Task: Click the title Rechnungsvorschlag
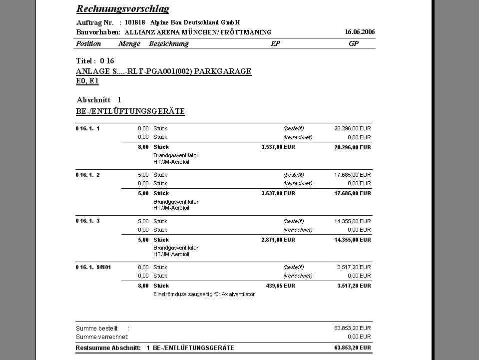point(122,9)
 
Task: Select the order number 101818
point(135,22)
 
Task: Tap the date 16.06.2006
point(360,32)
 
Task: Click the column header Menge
point(129,43)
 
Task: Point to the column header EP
point(275,43)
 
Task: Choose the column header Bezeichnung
point(169,43)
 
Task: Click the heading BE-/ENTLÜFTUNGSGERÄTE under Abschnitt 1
point(130,111)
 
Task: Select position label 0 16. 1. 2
point(88,175)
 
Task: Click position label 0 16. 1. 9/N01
point(93,267)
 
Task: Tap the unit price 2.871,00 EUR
point(278,240)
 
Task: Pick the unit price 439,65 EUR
point(280,286)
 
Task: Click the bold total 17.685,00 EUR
point(353,193)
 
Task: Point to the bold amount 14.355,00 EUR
point(353,240)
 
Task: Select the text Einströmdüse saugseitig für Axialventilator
point(204,294)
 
